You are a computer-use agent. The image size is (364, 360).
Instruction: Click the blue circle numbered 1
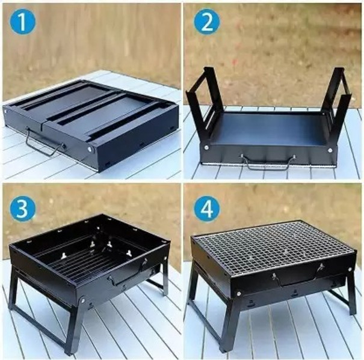pos(22,22)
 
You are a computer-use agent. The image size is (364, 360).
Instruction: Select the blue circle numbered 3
pos(22,207)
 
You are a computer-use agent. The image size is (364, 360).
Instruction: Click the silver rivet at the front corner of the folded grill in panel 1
pos(90,149)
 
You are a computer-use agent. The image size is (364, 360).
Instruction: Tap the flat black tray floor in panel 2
pos(271,129)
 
